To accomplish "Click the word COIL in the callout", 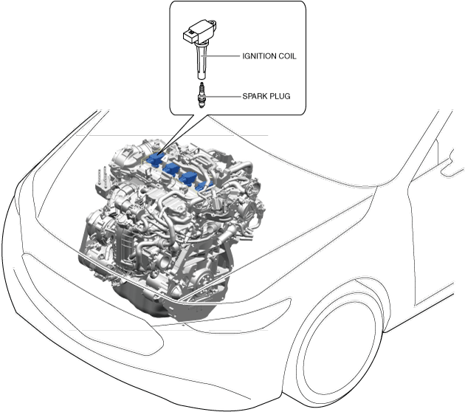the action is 286,55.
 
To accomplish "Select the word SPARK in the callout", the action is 255,96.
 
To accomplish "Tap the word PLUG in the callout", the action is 280,96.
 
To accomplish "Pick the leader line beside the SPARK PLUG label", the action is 223,96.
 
